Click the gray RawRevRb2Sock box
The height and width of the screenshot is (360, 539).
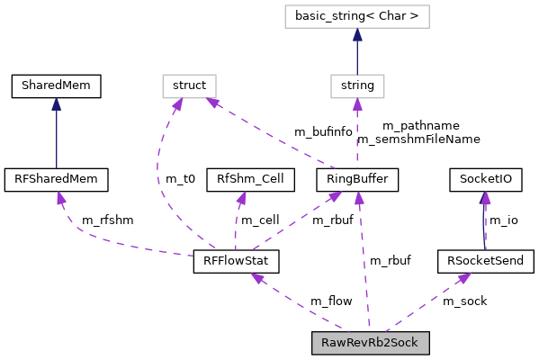[370, 343]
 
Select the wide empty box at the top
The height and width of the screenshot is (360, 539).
[356, 16]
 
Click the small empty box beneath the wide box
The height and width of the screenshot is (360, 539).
[357, 86]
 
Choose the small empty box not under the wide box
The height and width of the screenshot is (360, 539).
[189, 86]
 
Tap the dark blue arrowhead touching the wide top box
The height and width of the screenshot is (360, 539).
[357, 35]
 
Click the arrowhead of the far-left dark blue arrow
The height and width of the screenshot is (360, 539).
[57, 104]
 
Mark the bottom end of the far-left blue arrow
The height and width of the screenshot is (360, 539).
[57, 167]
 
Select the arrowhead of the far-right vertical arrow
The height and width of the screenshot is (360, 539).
[485, 198]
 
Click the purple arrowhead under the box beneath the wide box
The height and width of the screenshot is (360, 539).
[357, 105]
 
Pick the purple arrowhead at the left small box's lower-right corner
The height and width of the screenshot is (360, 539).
[212, 103]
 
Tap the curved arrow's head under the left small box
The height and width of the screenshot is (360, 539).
[178, 105]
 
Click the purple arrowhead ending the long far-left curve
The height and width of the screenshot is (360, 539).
[59, 197]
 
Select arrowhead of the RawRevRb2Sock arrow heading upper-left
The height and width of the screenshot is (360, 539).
[257, 278]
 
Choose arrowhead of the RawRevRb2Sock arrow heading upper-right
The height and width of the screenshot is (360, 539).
[463, 278]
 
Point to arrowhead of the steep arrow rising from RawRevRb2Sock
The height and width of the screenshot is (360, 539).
[358, 198]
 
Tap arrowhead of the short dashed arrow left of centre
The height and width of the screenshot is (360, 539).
[241, 198]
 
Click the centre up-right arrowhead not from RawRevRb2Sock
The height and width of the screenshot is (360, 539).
[335, 195]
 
